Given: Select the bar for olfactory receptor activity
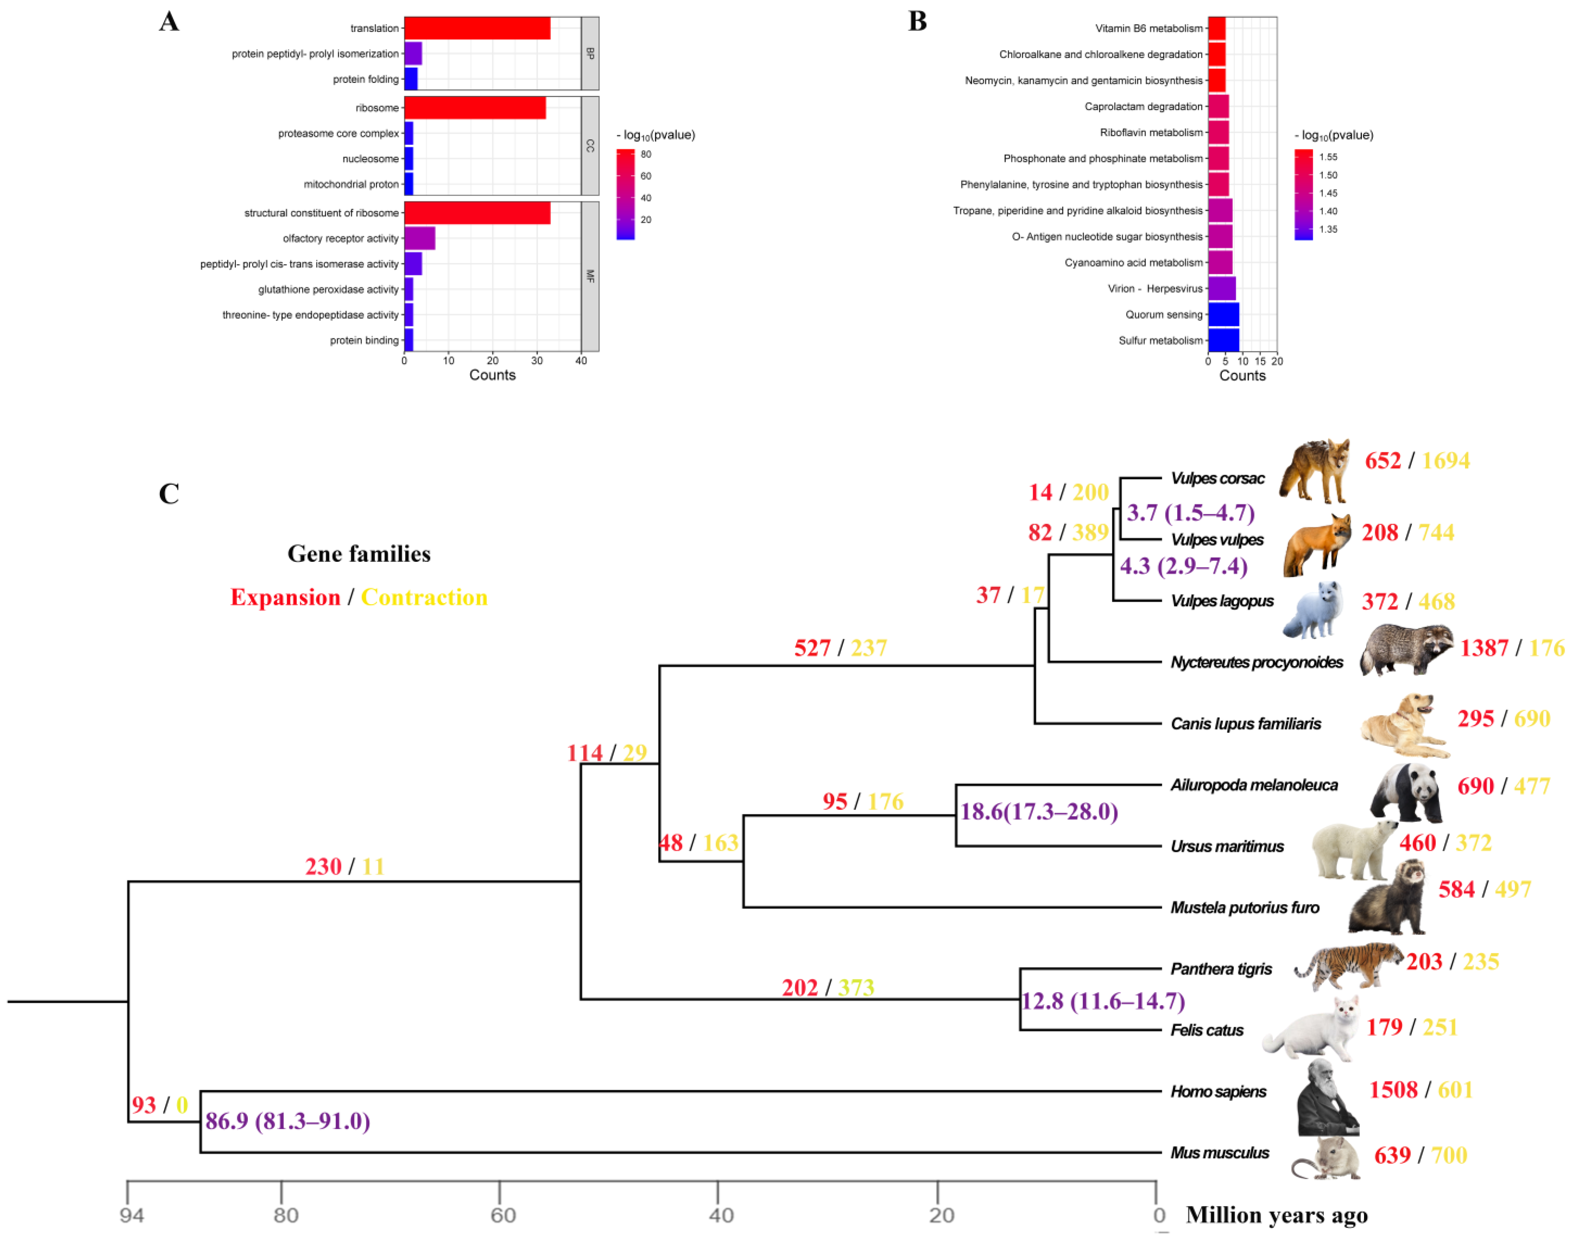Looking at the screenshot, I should [x=420, y=238].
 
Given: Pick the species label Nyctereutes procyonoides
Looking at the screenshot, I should [x=1256, y=662].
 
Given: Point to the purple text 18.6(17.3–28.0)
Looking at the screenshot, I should [x=1039, y=811].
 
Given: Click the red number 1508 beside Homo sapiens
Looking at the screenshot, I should [x=1393, y=1090].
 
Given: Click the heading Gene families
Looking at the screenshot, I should [x=359, y=554].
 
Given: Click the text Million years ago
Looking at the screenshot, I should [x=1276, y=1215].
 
